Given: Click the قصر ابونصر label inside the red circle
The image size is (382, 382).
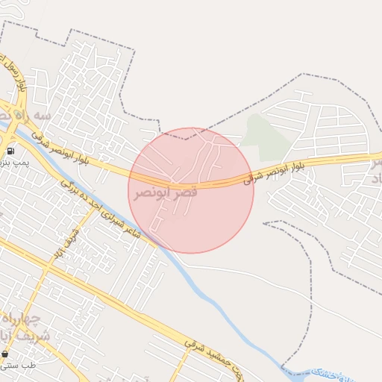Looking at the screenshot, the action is pos(166,192).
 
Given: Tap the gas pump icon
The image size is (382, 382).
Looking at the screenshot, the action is pos(10,151).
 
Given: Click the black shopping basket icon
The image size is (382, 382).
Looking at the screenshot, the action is pos(4,354).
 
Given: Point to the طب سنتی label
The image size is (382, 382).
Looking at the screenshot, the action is pos(19,365).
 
